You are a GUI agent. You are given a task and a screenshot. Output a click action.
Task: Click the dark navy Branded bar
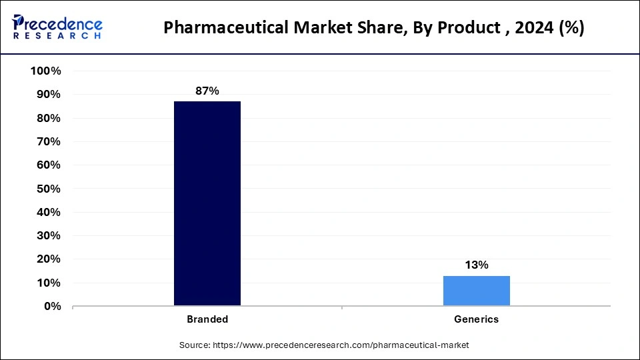[207, 203]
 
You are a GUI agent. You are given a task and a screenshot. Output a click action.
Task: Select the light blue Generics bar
[477, 291]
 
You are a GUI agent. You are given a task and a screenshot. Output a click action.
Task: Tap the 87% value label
[207, 91]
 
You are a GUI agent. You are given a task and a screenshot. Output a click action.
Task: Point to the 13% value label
[477, 265]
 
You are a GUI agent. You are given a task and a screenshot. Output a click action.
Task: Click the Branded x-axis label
[207, 319]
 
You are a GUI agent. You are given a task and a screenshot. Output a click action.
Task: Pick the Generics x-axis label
[477, 319]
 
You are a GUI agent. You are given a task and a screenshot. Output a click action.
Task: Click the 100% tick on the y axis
[46, 71]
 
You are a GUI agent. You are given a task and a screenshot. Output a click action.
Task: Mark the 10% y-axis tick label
[49, 283]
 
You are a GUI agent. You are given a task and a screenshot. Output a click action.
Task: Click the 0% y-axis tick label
[52, 307]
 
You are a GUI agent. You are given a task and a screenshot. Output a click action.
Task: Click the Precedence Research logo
[57, 27]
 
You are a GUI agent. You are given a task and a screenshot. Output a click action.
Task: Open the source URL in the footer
[341, 345]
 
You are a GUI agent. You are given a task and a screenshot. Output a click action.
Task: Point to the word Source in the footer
[194, 345]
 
